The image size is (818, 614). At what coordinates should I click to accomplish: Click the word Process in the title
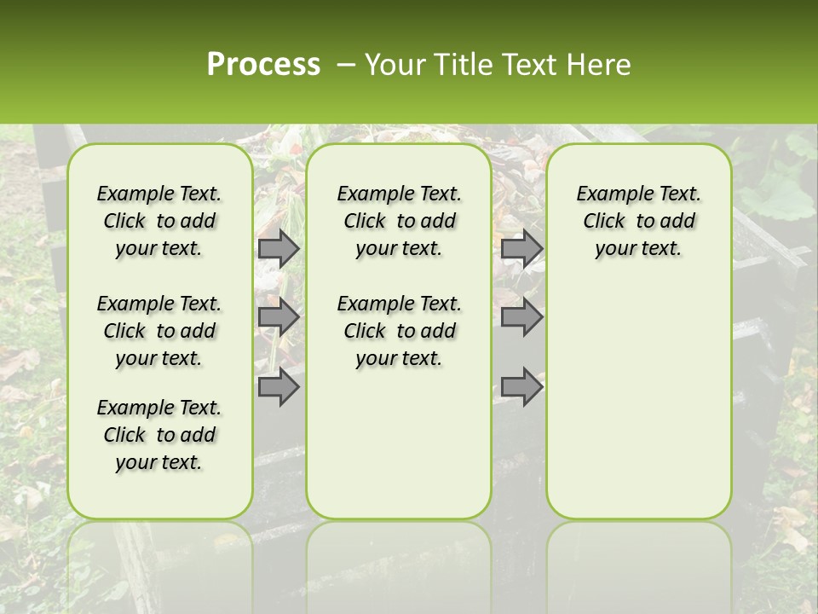click(x=263, y=64)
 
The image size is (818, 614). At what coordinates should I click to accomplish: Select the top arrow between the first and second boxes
click(x=279, y=248)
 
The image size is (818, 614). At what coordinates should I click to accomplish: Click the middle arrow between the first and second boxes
click(x=279, y=317)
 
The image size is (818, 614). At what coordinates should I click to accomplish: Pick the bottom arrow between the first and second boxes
click(x=279, y=387)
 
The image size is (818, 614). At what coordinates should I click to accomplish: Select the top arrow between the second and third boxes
click(x=521, y=248)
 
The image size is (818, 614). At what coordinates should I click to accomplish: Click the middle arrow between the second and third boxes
click(x=521, y=317)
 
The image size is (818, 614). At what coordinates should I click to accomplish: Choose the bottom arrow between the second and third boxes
click(x=521, y=387)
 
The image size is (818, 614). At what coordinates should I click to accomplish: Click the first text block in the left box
click(x=159, y=221)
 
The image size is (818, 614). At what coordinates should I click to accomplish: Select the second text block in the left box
click(x=159, y=331)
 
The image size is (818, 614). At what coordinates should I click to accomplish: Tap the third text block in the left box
click(x=159, y=435)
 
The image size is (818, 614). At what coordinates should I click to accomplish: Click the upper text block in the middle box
click(x=399, y=221)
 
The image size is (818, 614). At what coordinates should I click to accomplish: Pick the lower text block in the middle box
click(x=399, y=331)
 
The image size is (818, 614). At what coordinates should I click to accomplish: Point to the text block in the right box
click(x=639, y=221)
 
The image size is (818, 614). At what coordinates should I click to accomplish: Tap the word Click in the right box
click(x=604, y=222)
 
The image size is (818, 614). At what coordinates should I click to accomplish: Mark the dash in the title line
click(x=346, y=64)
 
